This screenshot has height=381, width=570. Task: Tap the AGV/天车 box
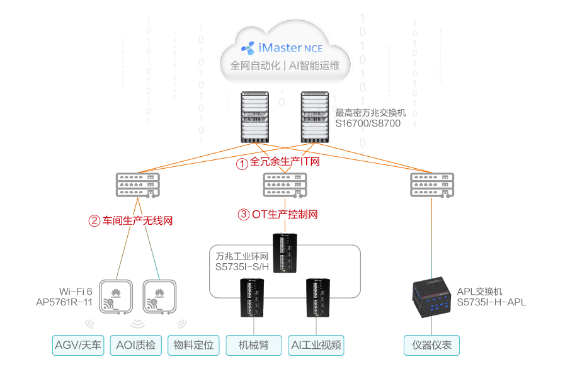coord(78,345)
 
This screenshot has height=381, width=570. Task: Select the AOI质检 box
coord(135,345)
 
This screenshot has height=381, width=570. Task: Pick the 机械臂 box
coord(253,345)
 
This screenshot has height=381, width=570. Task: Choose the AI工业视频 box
coord(317,345)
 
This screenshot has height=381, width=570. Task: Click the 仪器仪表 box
coord(431,345)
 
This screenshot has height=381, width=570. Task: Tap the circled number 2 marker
coord(94,221)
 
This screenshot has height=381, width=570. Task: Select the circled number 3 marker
coord(244,215)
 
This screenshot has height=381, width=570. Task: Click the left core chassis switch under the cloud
coord(255,117)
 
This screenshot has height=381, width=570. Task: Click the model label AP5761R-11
coord(64,302)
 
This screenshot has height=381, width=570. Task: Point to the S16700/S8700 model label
coord(368,123)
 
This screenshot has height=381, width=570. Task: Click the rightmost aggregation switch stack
coord(431,185)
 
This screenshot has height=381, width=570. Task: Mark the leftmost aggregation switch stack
coord(137,185)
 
